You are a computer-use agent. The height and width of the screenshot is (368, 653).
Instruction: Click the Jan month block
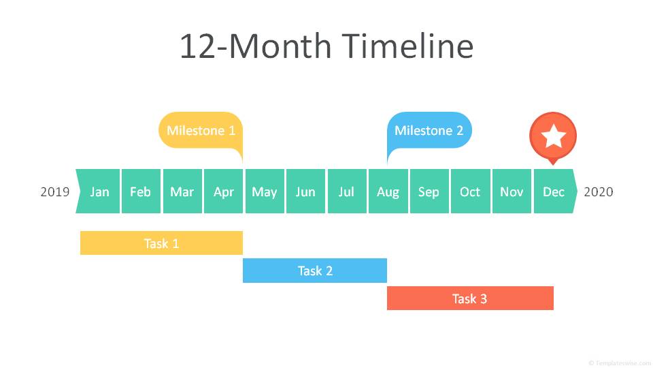pos(98,191)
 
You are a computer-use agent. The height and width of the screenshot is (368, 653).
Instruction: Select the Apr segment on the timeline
pos(224,191)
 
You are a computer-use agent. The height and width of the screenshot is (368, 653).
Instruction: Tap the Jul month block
pos(347,191)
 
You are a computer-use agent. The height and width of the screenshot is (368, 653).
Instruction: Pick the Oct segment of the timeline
pos(471,191)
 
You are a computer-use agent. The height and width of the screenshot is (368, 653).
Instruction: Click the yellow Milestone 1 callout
pos(201,130)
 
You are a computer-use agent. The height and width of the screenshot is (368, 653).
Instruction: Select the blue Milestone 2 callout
pos(429,130)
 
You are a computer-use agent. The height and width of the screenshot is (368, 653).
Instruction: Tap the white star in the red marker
pos(553,136)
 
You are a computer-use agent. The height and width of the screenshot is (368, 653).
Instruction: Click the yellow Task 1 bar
pos(162,243)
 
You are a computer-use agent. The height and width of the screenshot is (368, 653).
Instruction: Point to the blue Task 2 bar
pos(315,271)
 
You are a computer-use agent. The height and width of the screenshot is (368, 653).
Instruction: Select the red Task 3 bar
pos(470,298)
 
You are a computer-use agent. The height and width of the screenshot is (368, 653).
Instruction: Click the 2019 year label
pos(55,192)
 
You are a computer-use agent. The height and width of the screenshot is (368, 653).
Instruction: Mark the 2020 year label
pos(599,192)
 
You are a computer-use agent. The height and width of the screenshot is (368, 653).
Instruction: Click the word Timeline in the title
pos(407,46)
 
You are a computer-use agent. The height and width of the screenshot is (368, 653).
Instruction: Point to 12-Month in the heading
pos(256,46)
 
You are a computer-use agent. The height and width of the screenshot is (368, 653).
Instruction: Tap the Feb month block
pos(141,191)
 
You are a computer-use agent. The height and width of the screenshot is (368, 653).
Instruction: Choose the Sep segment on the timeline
pos(429,191)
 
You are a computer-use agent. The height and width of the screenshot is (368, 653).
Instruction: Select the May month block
pos(265,191)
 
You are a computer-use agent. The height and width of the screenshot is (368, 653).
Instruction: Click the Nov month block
pos(512,191)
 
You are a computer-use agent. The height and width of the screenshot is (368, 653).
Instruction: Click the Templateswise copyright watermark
pos(620,363)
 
